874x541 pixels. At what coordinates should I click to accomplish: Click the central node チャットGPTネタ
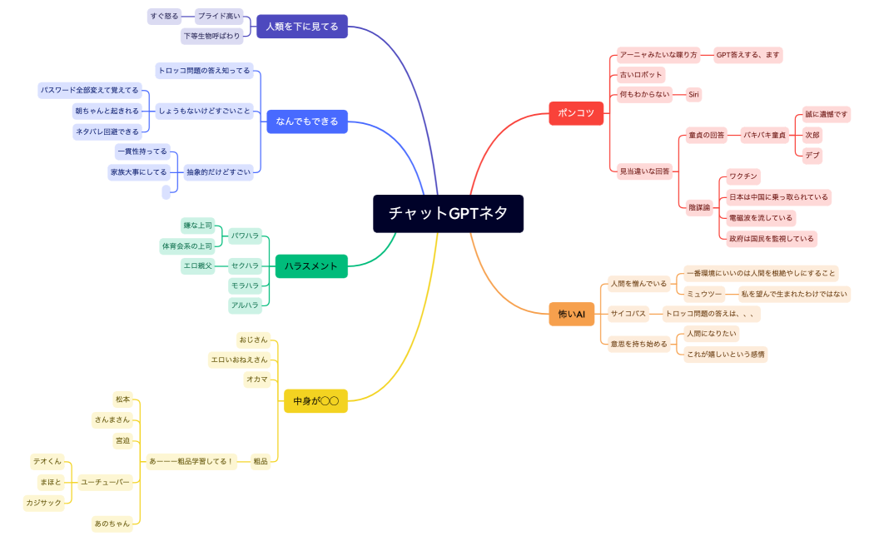[x=448, y=214]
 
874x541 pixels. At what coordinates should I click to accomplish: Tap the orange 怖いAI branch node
[x=571, y=314]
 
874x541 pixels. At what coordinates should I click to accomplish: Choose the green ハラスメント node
[x=310, y=266]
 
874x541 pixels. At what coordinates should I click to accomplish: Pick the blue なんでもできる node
[x=307, y=122]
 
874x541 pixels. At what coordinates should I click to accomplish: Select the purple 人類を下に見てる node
[x=301, y=27]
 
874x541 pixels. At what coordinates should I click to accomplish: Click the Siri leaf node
[x=693, y=95]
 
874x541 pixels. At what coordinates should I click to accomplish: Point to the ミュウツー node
[x=703, y=294]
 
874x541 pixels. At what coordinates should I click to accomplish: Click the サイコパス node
[x=628, y=314]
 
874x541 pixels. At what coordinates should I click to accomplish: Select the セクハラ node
[x=246, y=266]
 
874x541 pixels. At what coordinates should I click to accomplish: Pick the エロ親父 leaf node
[x=198, y=266]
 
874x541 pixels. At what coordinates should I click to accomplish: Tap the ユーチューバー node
[x=105, y=482]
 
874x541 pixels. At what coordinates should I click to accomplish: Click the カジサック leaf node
[x=44, y=503]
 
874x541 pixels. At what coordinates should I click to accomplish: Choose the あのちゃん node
[x=112, y=524]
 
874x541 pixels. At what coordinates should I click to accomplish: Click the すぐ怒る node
[x=164, y=16]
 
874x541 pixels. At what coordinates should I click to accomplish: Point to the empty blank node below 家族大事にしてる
[x=166, y=192]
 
